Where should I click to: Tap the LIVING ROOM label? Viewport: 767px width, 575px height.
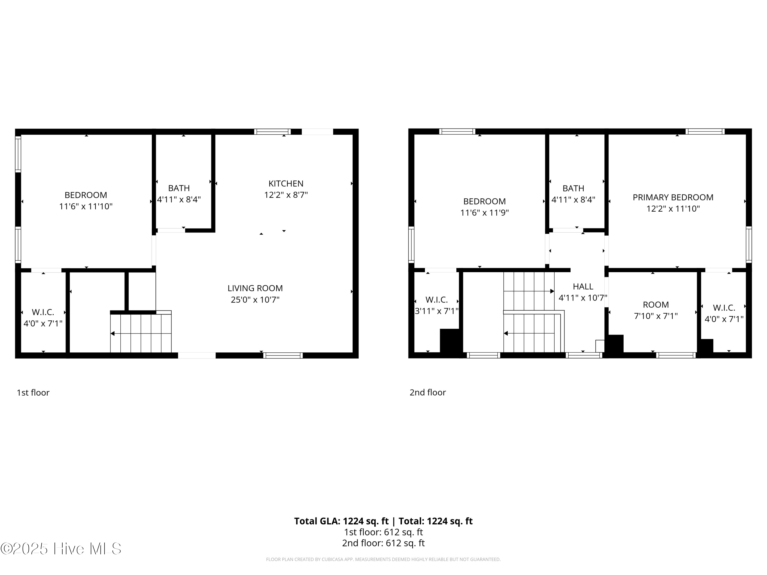coord(255,288)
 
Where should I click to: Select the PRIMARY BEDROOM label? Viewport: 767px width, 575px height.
coord(673,197)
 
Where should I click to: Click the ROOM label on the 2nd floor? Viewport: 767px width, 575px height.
coord(656,305)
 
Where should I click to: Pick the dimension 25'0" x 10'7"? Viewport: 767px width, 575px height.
coord(255,300)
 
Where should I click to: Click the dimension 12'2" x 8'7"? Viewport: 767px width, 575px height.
coord(286,195)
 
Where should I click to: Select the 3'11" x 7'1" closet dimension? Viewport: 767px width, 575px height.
coord(437,311)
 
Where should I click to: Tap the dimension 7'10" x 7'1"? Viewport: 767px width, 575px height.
coord(656,316)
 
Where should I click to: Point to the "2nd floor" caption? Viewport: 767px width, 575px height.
coord(427,392)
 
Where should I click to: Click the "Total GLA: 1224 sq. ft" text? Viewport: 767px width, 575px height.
coord(341,521)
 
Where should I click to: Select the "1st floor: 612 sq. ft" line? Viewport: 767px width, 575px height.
coord(383,532)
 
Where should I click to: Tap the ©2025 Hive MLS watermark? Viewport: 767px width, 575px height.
coord(61,549)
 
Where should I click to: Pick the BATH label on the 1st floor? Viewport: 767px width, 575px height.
coord(179,188)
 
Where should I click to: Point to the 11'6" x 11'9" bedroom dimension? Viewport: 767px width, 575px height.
coord(484,212)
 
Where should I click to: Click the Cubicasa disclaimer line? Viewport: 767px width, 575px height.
coord(383,559)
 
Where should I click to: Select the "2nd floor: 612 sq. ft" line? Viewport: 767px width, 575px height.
coord(383,543)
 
